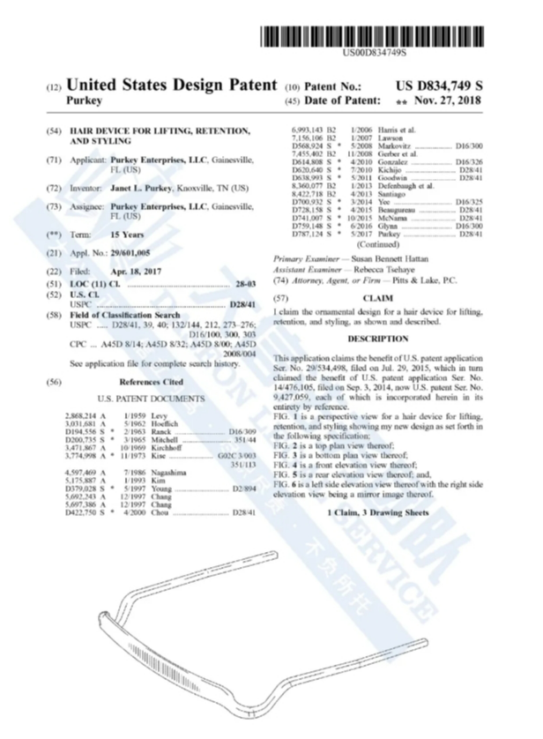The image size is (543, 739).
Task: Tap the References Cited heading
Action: tap(152, 382)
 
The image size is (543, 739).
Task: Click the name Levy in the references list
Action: tap(158, 414)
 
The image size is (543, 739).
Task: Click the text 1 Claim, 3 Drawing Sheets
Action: tap(380, 512)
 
